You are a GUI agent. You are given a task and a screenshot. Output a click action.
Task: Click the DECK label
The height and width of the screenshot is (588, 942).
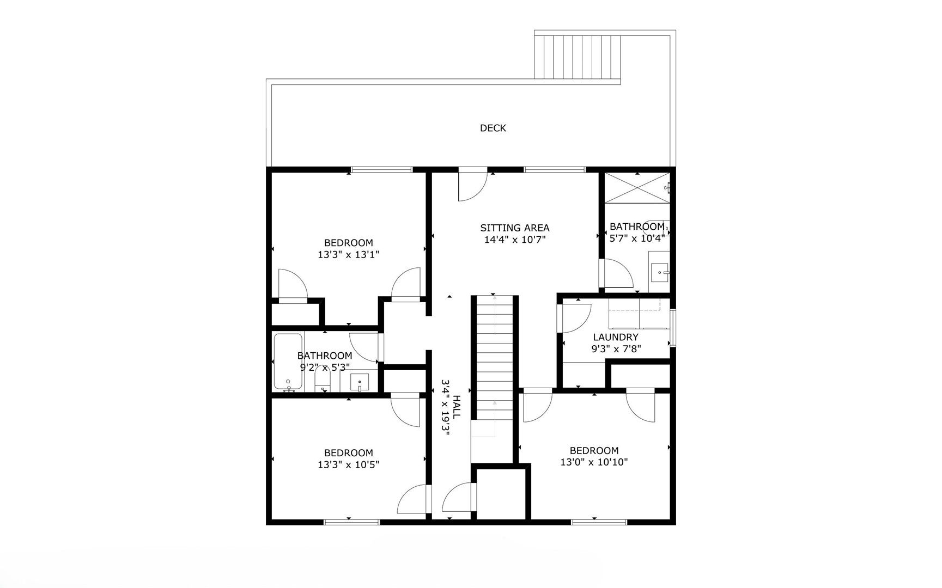click(493, 128)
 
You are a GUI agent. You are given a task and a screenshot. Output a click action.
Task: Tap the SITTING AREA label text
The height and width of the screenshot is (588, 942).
click(514, 228)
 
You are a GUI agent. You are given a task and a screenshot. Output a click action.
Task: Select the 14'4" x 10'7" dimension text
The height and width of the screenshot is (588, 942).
click(514, 240)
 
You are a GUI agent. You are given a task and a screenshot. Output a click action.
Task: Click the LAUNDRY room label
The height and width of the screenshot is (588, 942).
click(615, 338)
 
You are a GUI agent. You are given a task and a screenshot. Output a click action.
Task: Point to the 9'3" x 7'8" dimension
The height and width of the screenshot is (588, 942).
click(616, 349)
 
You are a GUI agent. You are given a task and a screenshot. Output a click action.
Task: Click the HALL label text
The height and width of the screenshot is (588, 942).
click(457, 407)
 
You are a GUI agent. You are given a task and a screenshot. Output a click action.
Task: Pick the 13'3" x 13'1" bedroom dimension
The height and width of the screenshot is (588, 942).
click(348, 254)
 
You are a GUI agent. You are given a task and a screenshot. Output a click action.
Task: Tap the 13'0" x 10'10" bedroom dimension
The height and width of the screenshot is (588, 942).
click(594, 462)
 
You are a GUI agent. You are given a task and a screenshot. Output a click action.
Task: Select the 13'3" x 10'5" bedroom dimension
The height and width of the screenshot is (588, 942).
click(348, 464)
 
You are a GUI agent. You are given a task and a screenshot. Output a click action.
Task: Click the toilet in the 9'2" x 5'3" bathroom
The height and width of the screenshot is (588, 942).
click(323, 379)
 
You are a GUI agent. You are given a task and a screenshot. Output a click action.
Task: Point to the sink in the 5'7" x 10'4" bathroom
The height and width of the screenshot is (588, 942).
click(660, 270)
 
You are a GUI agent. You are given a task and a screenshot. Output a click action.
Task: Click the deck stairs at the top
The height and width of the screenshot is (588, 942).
click(578, 57)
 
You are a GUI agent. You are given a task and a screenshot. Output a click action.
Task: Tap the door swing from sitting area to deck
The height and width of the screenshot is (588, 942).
click(472, 186)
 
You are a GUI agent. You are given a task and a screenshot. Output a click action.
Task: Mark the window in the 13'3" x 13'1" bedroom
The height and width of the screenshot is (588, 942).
click(381, 170)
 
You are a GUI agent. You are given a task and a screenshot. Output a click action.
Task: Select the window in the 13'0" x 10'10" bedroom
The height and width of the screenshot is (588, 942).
click(599, 522)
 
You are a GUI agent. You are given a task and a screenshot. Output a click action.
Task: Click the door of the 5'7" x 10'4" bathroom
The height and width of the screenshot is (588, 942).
click(617, 273)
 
